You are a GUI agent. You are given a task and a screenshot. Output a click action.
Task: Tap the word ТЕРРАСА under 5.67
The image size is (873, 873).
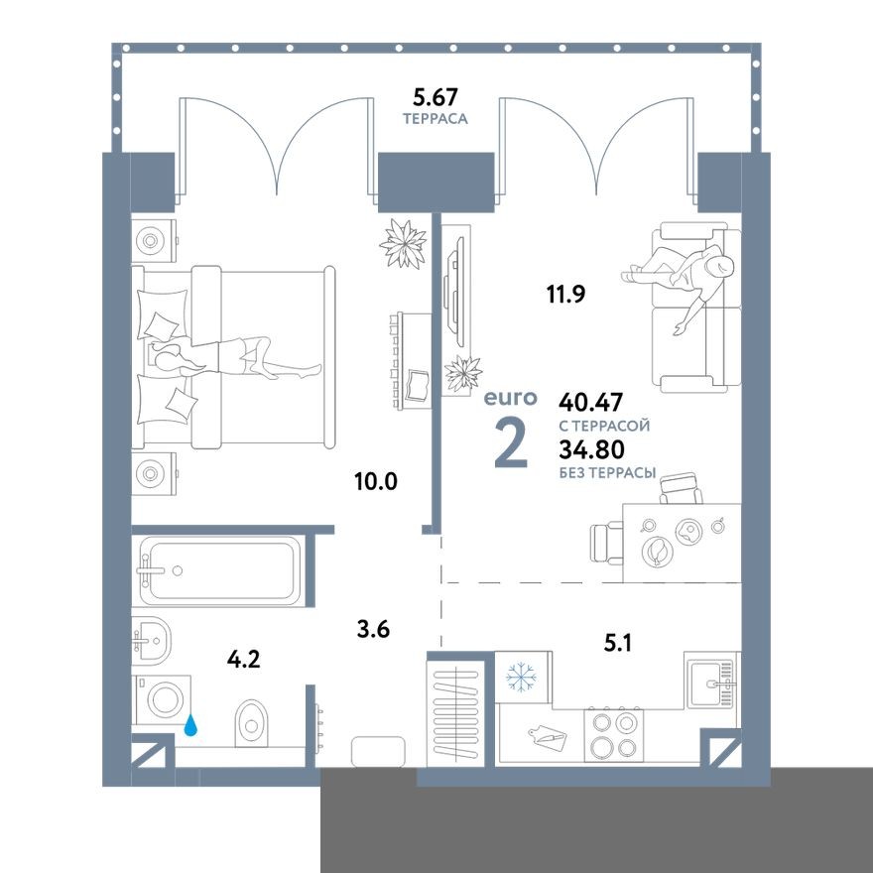click(x=435, y=118)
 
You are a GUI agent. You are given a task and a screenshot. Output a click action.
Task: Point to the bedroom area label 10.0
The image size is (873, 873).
click(x=375, y=482)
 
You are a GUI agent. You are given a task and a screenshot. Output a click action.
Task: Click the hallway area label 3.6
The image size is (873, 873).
click(x=373, y=627)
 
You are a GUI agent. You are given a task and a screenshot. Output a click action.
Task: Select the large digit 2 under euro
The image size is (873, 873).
click(x=510, y=442)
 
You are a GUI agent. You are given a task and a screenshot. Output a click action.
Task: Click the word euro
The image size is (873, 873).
click(x=510, y=399)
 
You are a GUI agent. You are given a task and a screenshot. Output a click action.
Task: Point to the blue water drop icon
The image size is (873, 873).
click(x=190, y=727)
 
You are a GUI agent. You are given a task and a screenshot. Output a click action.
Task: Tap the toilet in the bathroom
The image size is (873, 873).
click(x=253, y=720)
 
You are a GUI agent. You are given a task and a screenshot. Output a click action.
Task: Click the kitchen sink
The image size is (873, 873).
click(x=711, y=681)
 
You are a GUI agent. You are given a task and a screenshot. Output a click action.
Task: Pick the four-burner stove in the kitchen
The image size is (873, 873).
click(x=613, y=735)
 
